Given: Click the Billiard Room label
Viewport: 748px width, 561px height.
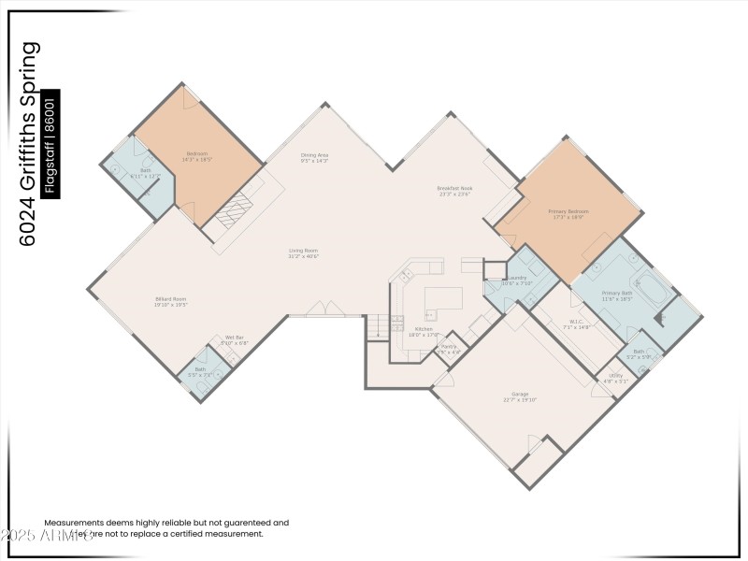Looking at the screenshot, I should point(171,301).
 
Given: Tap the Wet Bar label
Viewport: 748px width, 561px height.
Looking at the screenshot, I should point(234,340).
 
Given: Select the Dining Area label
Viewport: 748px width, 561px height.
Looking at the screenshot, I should point(314,158).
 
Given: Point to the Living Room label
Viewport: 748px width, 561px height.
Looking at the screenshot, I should point(303,252).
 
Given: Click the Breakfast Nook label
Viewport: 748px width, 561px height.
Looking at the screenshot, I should point(453,191).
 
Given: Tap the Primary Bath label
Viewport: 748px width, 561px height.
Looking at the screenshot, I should point(617,295).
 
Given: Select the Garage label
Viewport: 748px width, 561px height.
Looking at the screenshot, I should point(520,396).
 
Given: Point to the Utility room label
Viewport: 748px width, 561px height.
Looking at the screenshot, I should point(615,378).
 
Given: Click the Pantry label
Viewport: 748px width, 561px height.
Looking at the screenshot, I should point(449,349).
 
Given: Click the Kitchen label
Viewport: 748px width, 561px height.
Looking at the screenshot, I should point(424,331).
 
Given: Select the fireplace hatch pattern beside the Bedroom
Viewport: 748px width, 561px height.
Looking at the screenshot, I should point(234,209).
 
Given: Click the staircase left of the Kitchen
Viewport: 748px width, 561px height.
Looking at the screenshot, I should point(376,326).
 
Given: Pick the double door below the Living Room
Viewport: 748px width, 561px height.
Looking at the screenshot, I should point(324,309).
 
